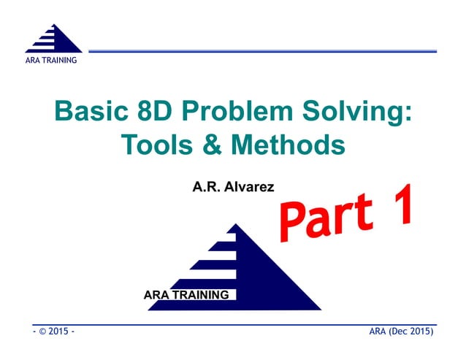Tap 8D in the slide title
[160, 113]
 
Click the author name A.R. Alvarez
[233, 187]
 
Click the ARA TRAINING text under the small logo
[51, 60]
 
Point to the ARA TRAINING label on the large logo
[186, 295]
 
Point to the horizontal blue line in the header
[263, 51]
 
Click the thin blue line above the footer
[234, 324]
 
